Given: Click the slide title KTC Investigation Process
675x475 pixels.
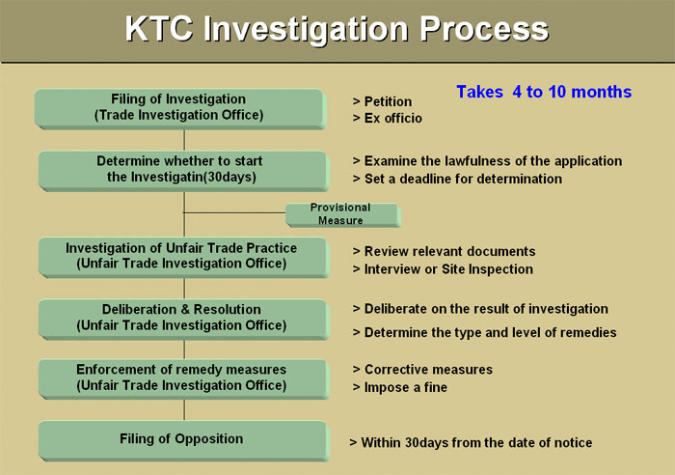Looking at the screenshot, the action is coord(337,29).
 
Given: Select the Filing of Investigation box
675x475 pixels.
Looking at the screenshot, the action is coord(180,109).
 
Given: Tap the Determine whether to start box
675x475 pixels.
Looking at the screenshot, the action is coord(183,171).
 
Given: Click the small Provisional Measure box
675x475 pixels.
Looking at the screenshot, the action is coord(342,214).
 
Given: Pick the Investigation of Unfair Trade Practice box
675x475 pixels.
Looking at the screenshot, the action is coord(183,257).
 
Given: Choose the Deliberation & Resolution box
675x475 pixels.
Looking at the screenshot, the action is coord(183,319).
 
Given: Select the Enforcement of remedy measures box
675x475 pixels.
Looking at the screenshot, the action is coord(183,378).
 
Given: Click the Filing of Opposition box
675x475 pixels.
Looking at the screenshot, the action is coord(183,440).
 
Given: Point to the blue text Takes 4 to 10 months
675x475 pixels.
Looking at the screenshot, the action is coord(544,92).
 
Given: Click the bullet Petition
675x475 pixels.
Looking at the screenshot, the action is coord(382,101).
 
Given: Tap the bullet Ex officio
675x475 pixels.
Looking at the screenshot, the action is coord(388,118).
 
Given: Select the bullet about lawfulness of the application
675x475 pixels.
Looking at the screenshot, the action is coord(487,161).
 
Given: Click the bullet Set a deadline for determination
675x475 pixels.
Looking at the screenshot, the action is coord(457,179).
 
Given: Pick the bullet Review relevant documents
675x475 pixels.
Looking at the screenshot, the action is coord(445,251).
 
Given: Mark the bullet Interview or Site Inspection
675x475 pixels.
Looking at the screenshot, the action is coord(443,269).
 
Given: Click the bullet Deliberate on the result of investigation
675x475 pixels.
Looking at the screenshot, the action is coord(480,309).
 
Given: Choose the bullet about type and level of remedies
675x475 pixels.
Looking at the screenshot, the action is coord(485,333).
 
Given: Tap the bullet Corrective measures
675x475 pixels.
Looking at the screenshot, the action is coord(422,370).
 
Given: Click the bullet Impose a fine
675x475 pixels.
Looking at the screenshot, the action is coord(400,387).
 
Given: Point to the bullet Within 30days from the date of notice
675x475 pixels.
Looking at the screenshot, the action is coord(471,443).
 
